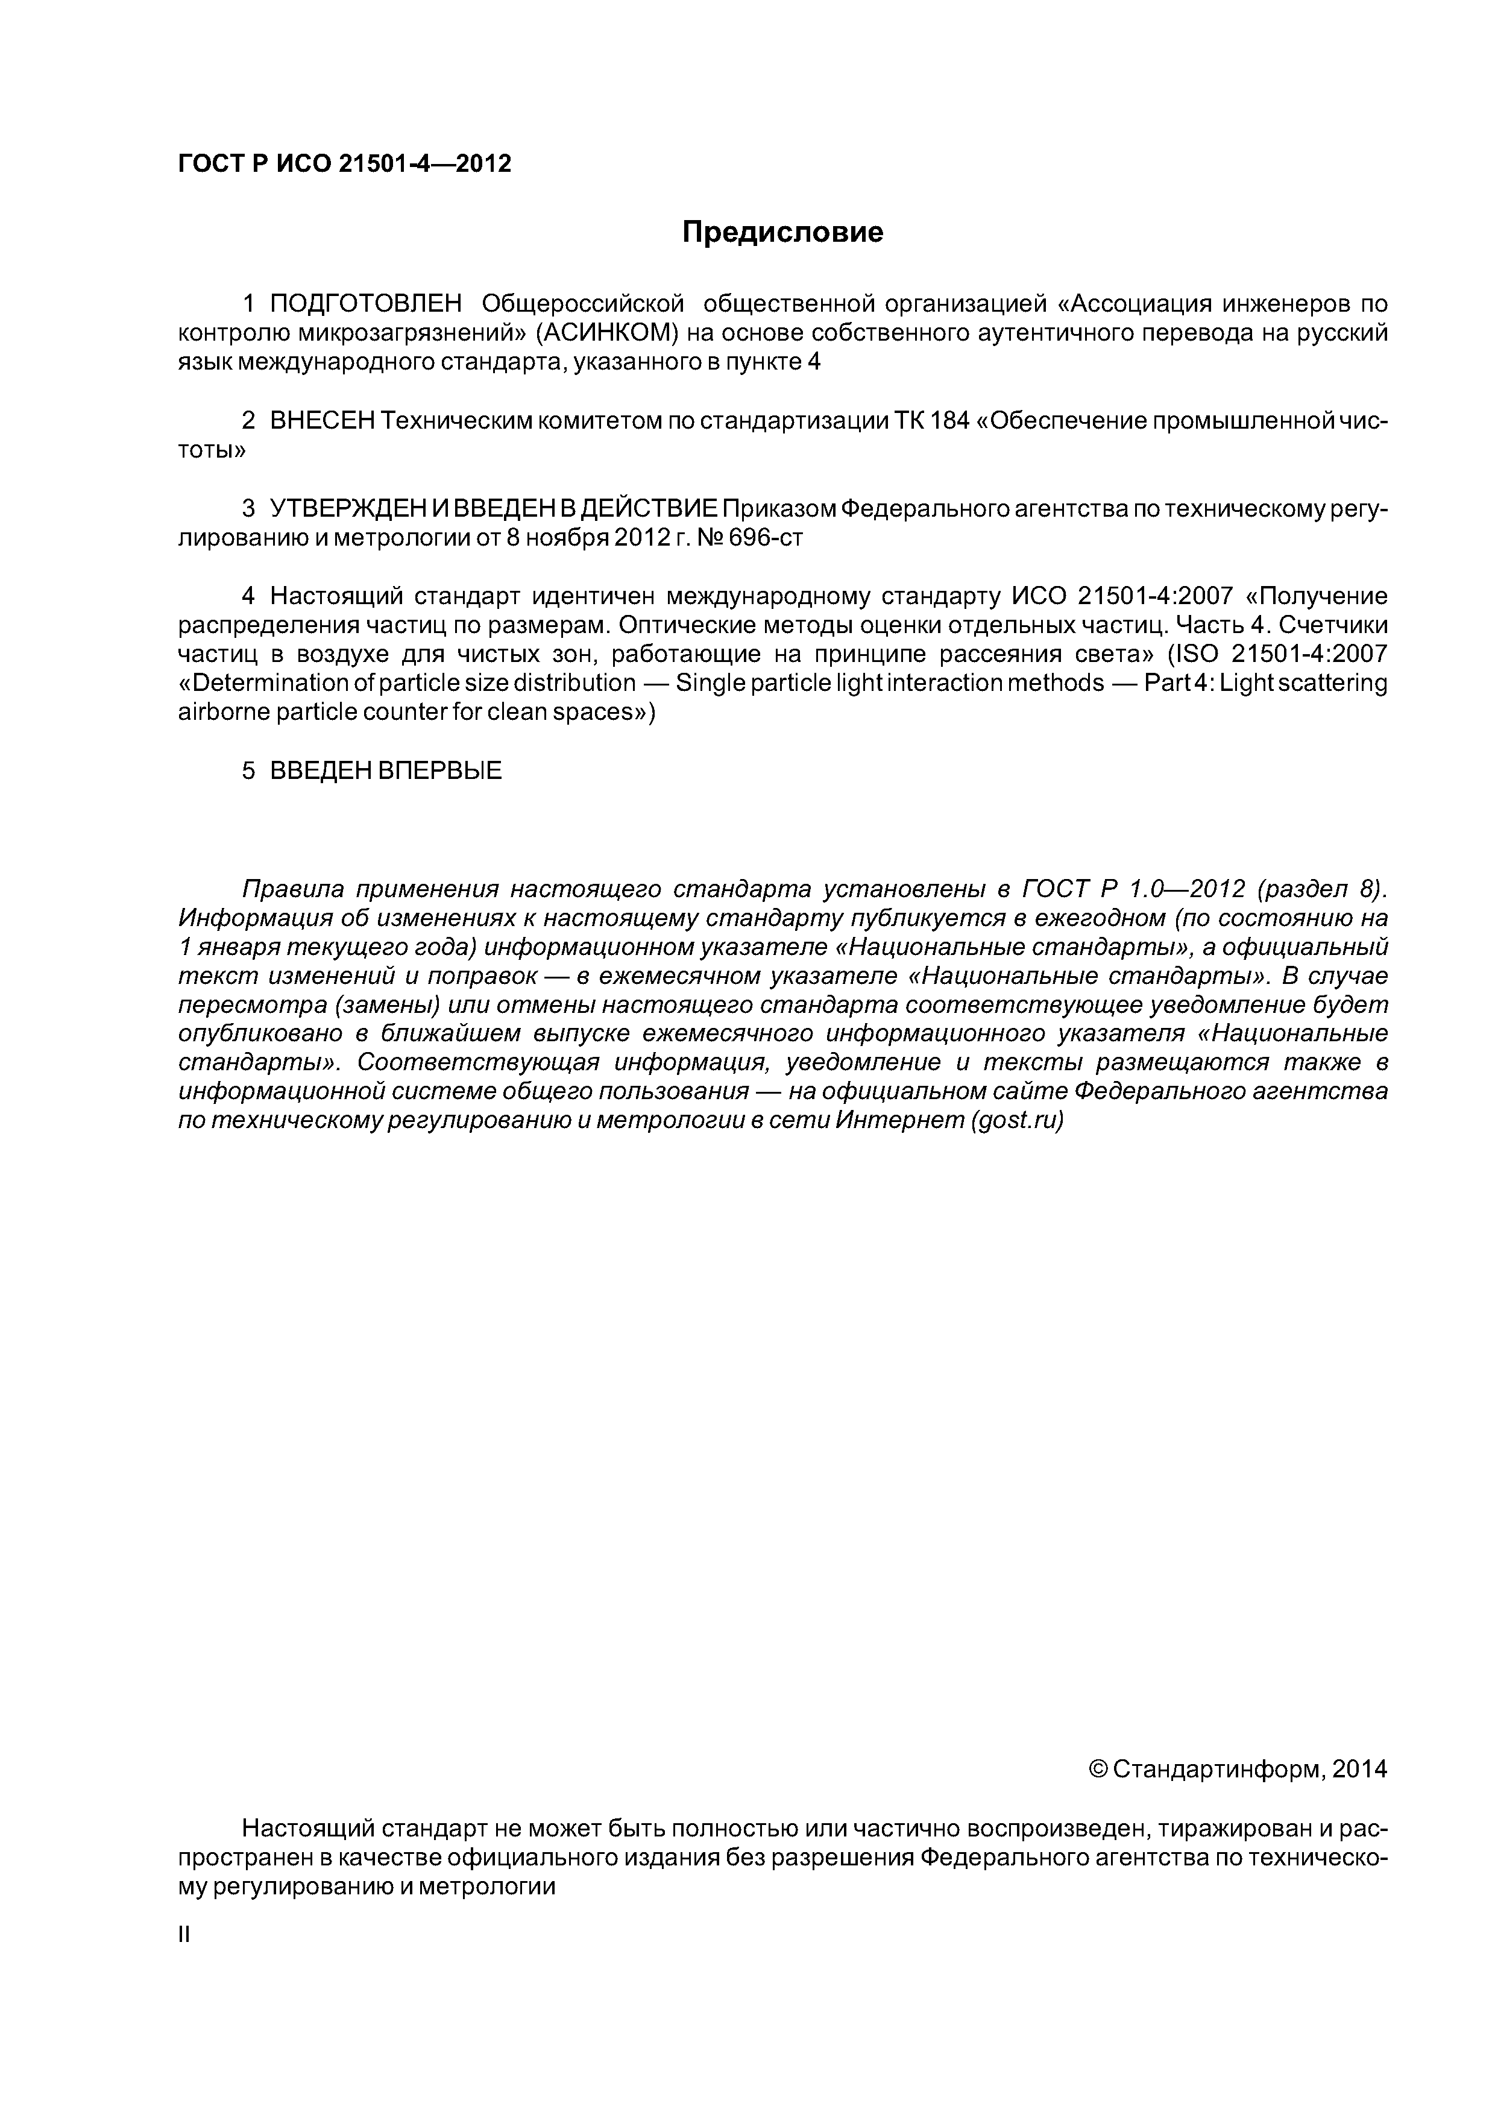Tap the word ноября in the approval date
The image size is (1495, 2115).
(x=572, y=538)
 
